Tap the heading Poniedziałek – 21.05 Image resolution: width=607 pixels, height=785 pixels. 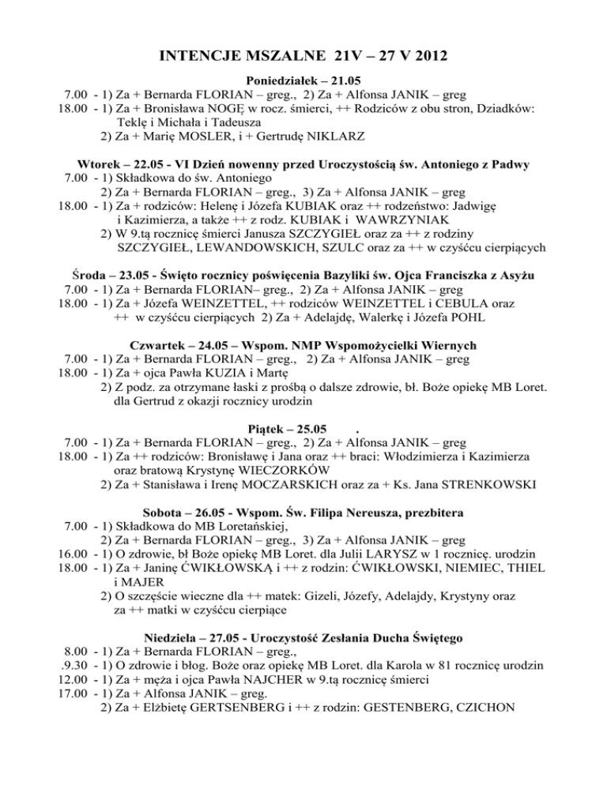(x=303, y=81)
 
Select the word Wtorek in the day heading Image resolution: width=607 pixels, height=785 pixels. (x=99, y=164)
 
